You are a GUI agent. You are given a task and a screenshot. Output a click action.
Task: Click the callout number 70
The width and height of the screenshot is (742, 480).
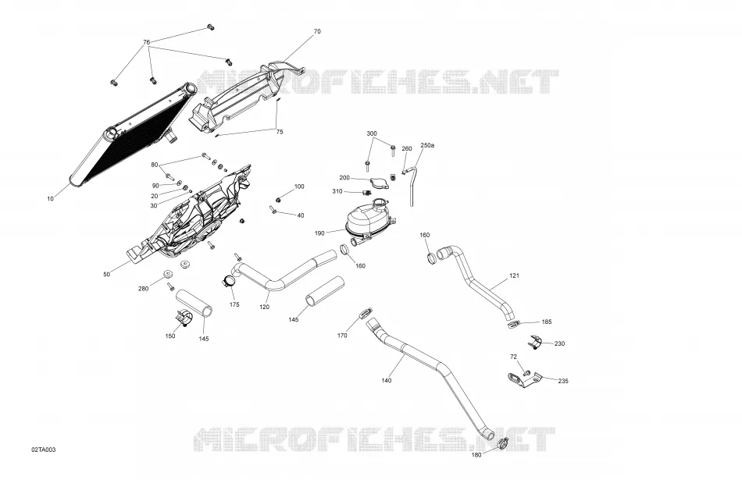(317, 32)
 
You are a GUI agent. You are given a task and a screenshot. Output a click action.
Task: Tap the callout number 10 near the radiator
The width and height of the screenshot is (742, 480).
(51, 199)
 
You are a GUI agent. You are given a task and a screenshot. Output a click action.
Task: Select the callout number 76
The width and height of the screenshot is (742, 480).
(147, 42)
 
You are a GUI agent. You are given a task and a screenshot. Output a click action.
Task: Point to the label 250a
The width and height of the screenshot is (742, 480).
(426, 145)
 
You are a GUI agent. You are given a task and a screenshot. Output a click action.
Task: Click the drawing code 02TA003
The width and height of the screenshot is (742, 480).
(44, 450)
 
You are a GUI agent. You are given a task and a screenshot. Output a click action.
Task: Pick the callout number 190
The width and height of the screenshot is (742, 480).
(319, 233)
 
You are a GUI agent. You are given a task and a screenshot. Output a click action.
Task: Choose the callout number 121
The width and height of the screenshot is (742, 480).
(515, 276)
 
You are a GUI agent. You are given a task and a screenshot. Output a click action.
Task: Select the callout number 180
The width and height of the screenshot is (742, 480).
(476, 455)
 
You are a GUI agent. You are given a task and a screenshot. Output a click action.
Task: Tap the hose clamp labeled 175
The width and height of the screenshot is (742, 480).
(228, 282)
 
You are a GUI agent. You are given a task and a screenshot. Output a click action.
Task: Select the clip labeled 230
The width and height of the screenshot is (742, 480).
(534, 341)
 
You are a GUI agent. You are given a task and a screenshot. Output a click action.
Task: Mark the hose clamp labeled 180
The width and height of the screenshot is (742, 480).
(503, 443)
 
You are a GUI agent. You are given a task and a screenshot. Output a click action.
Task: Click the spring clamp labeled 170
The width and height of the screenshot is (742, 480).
(366, 313)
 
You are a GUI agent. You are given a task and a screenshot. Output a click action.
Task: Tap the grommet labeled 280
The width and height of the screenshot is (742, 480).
(167, 275)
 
